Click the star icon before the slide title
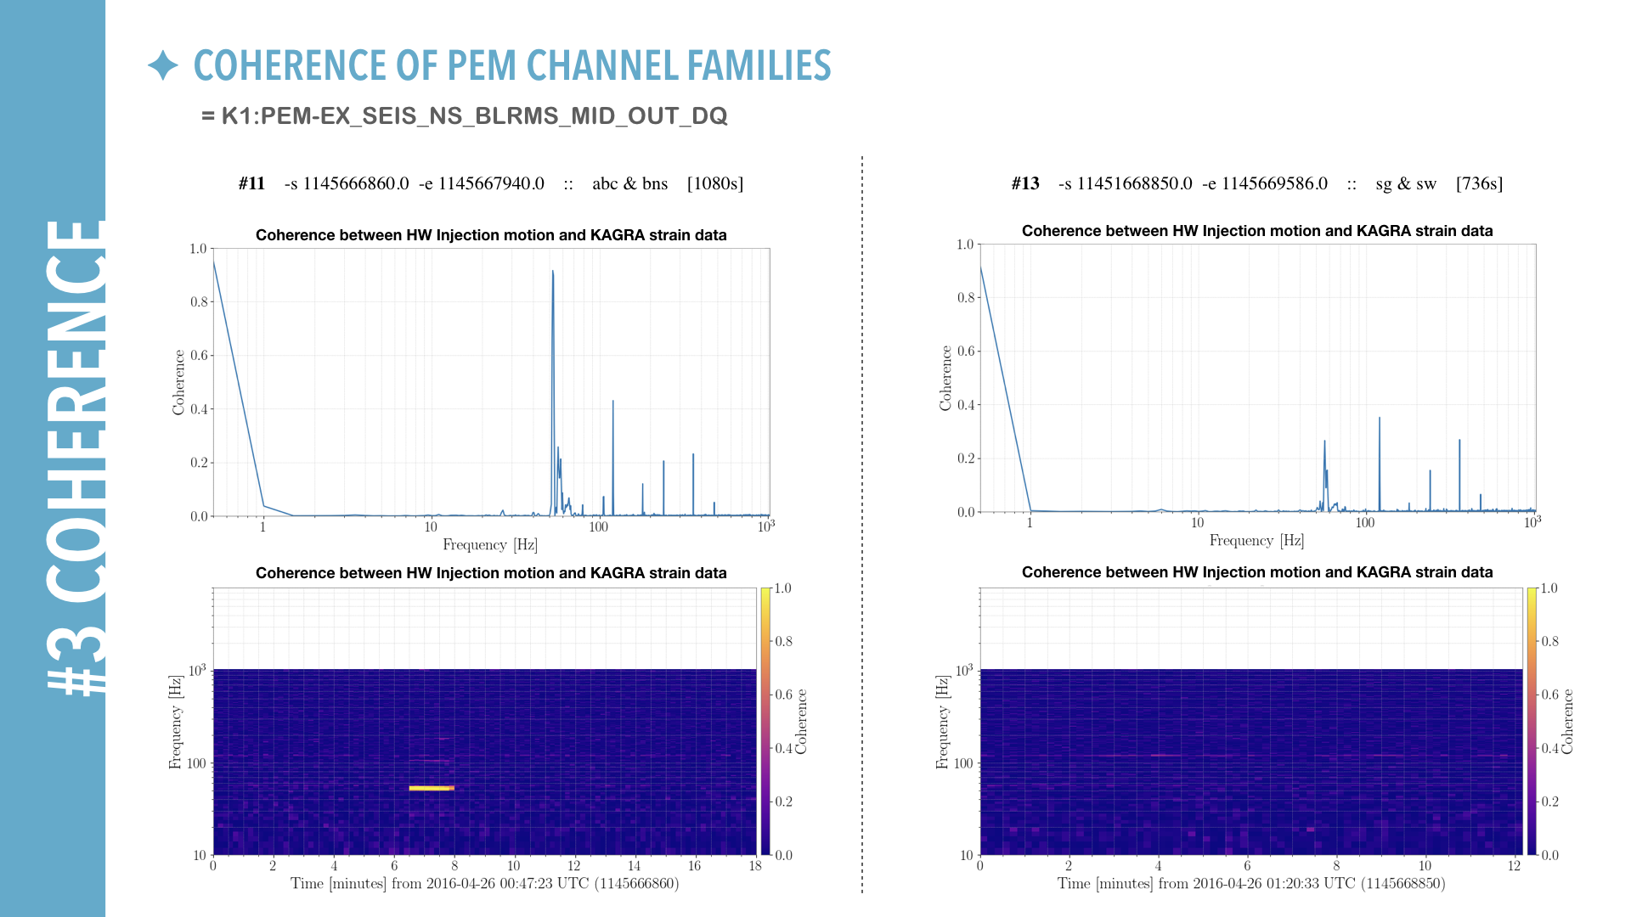tap(162, 65)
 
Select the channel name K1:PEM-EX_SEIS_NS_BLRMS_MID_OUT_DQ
tap(474, 116)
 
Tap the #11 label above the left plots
tap(251, 183)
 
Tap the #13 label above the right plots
tap(1025, 183)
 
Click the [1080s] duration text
tap(714, 183)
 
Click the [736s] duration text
tap(1479, 183)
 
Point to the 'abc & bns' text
tap(629, 183)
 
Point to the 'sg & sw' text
tap(1406, 183)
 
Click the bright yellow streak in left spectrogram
tap(431, 788)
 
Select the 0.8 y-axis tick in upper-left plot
tap(198, 301)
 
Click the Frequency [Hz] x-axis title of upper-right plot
tap(1256, 541)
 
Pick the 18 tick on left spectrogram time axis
tap(755, 866)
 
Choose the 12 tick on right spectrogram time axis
tap(1514, 866)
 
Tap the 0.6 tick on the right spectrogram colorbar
tap(1550, 695)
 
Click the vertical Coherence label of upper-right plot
tap(945, 378)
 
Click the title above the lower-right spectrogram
tap(1257, 572)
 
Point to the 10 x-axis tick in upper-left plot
tap(431, 527)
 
